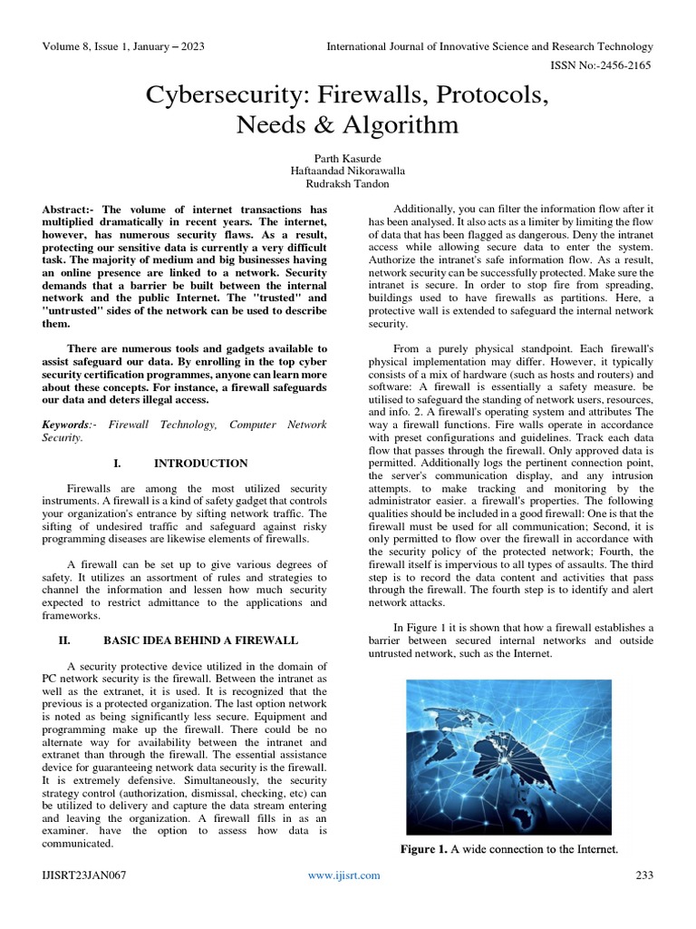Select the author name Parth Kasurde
point(348,156)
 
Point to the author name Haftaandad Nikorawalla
point(348,171)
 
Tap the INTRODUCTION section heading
point(200,463)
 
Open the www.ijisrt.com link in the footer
point(344,875)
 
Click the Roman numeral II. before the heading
point(65,639)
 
